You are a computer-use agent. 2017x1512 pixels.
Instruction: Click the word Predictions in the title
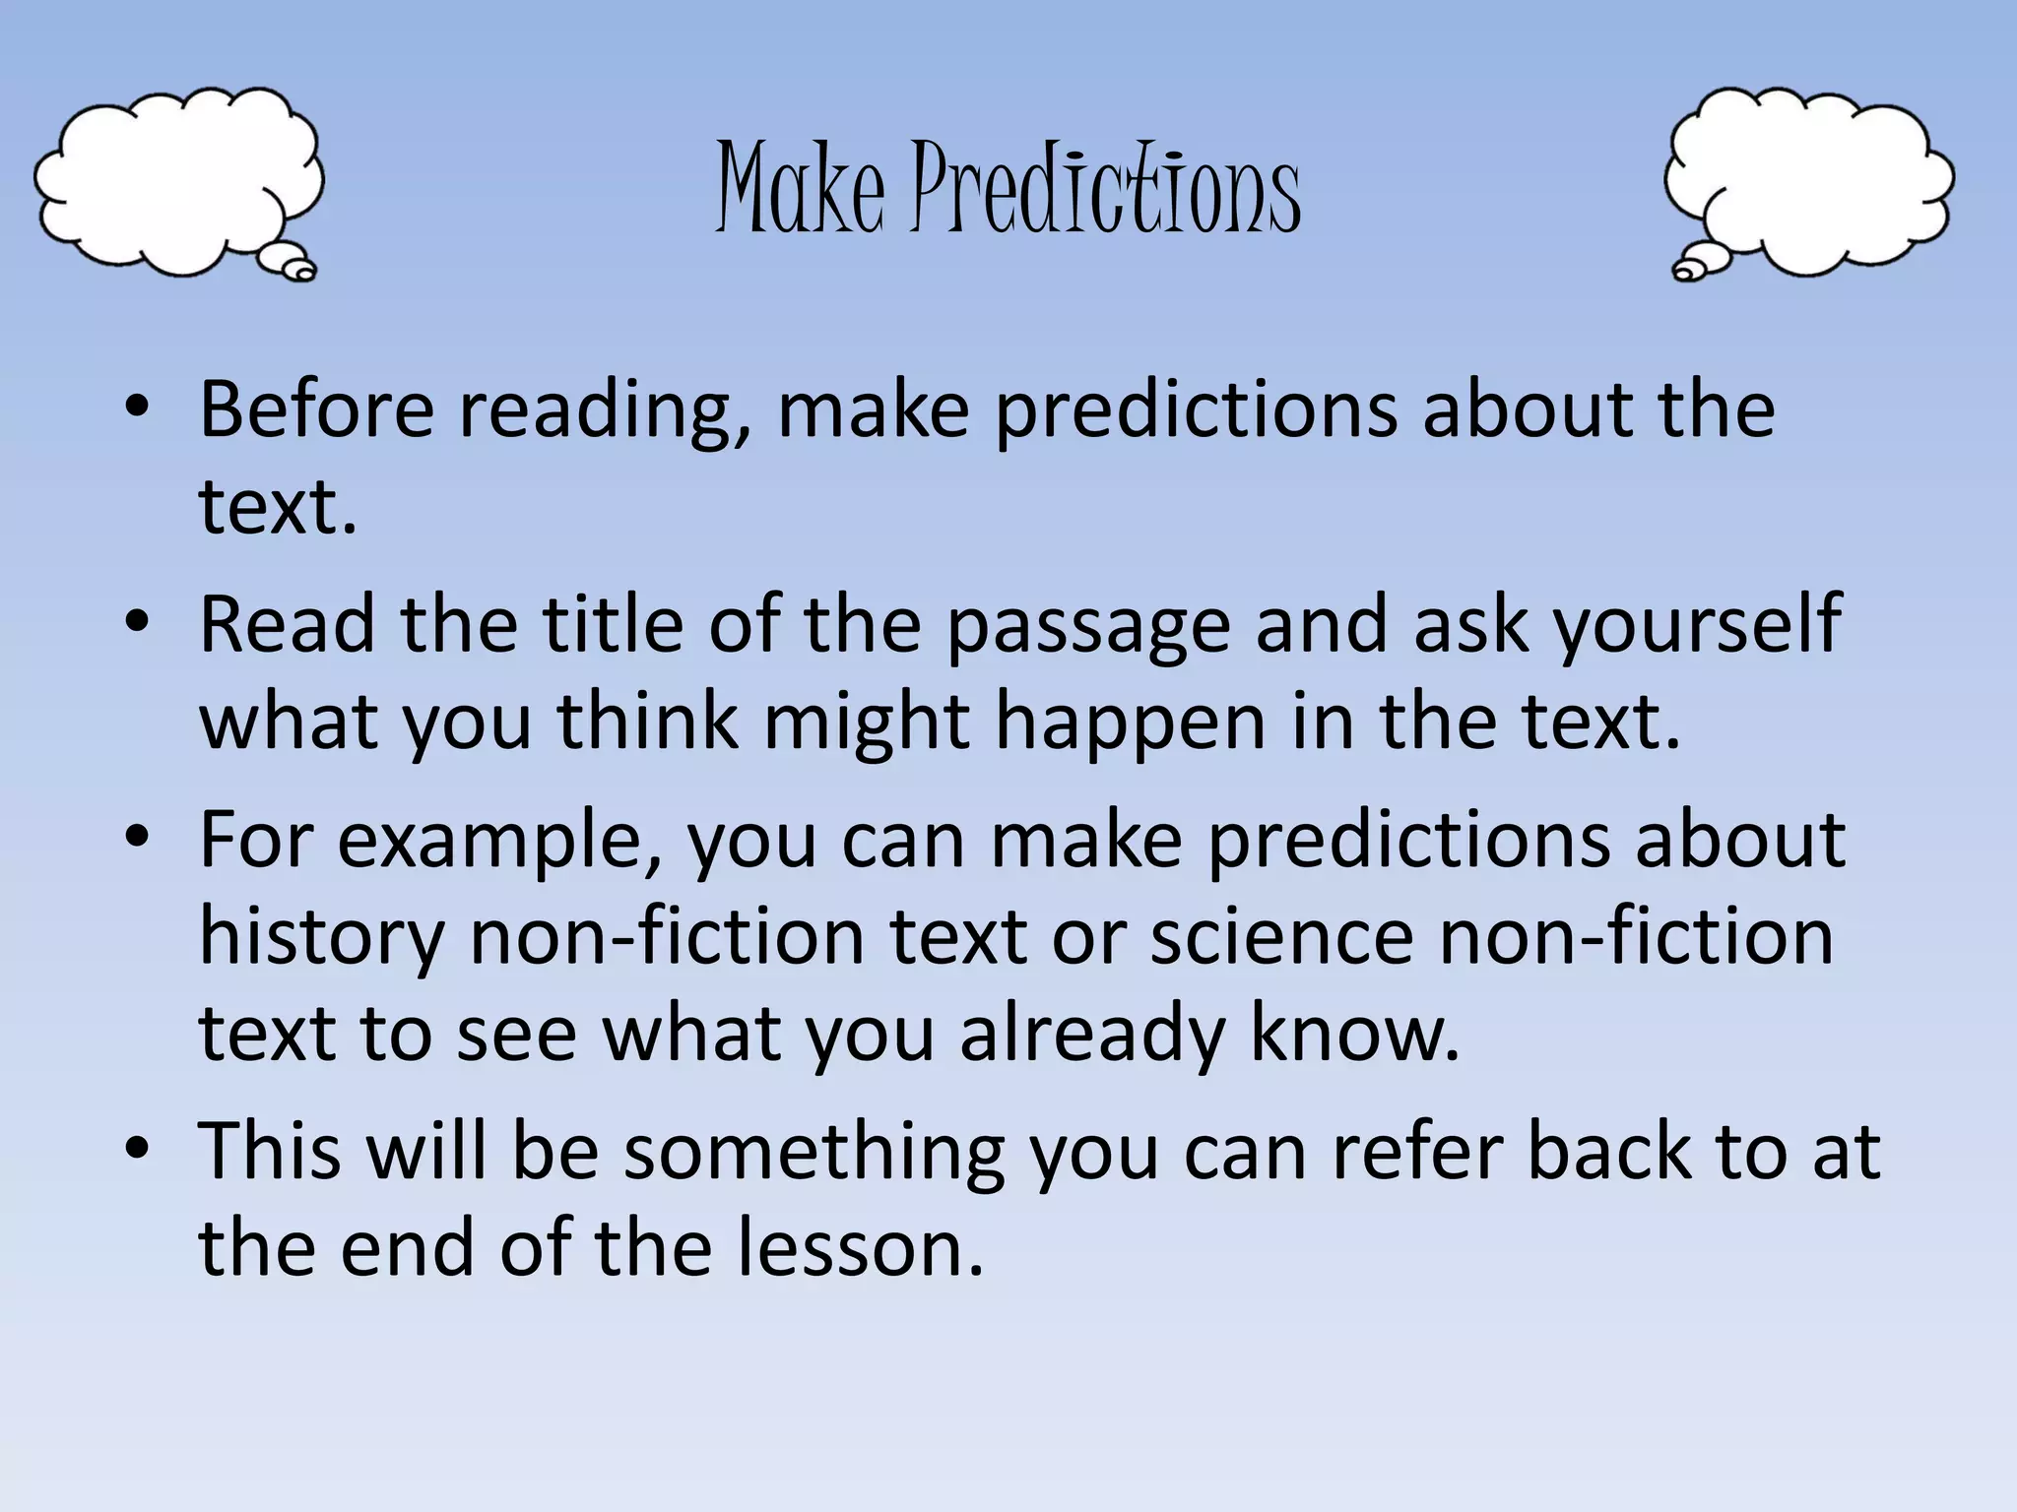pos(1105,189)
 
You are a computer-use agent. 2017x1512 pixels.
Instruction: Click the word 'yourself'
pos(1696,626)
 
